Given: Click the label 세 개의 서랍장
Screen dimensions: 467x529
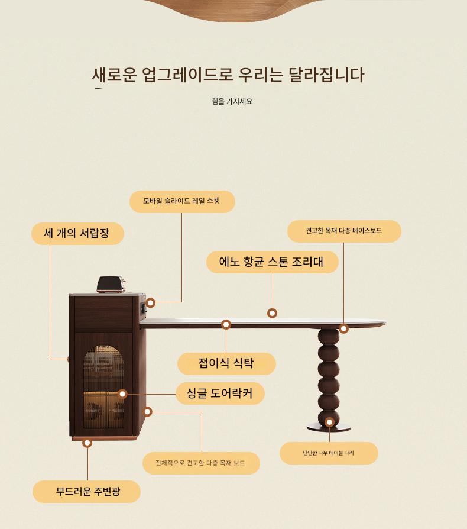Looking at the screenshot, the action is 77,234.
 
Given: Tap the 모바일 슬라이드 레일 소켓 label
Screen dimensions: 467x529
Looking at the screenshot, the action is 182,201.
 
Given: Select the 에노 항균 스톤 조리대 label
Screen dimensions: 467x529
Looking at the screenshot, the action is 273,262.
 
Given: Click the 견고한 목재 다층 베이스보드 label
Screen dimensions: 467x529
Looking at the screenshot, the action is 344,231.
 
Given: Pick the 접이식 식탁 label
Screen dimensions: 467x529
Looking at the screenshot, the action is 226,364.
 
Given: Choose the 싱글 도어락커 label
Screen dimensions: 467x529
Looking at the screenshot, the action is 220,393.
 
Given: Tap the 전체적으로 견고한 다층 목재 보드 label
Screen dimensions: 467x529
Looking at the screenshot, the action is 201,463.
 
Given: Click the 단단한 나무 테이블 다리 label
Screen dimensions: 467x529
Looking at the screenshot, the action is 329,453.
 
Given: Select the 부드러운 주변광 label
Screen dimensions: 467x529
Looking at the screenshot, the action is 86,492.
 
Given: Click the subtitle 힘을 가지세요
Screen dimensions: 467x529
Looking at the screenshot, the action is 232,101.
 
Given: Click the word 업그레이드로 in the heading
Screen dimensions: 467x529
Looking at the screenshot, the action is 187,75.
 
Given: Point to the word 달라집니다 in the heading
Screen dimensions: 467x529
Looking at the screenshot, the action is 326,75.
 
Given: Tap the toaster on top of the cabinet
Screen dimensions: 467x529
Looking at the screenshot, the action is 111,285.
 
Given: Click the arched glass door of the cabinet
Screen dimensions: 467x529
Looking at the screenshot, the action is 103,386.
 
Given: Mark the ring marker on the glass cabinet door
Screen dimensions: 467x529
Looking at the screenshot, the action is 122,393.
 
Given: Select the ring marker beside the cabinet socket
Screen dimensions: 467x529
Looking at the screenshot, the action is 150,302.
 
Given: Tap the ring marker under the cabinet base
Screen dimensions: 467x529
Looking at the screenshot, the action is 87,443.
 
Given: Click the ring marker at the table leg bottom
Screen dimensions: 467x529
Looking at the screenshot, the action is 329,422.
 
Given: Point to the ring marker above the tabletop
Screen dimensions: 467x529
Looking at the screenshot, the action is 273,313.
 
